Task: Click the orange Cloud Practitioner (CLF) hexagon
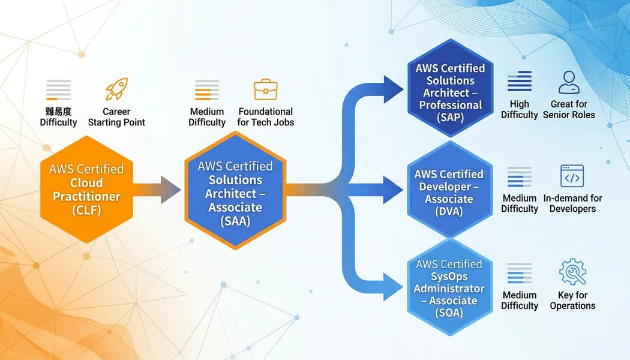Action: tap(86, 189)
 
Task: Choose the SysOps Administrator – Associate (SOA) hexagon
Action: tap(449, 288)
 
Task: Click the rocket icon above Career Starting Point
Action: tap(116, 89)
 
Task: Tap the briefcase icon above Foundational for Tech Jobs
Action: tap(265, 89)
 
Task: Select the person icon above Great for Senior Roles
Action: tap(569, 83)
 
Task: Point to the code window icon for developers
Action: tap(572, 176)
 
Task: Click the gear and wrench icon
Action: tap(572, 272)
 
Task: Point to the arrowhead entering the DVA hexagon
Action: tap(392, 191)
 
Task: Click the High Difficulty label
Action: tap(519, 109)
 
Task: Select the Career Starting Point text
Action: tap(116, 117)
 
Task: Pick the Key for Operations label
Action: tap(572, 300)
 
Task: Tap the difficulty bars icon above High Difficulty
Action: tap(519, 82)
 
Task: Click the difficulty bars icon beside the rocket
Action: tap(58, 90)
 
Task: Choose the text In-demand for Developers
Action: tap(572, 203)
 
